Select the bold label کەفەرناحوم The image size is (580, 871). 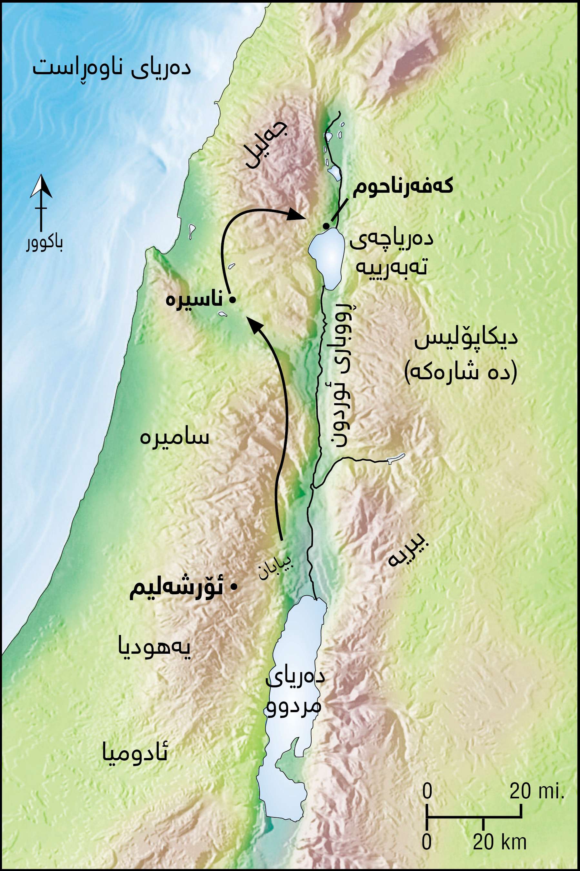[x=403, y=187]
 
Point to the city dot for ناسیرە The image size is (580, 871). [x=232, y=300]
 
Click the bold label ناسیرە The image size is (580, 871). [x=194, y=299]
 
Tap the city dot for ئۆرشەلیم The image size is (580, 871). [x=234, y=587]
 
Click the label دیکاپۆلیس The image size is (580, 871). [x=465, y=339]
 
